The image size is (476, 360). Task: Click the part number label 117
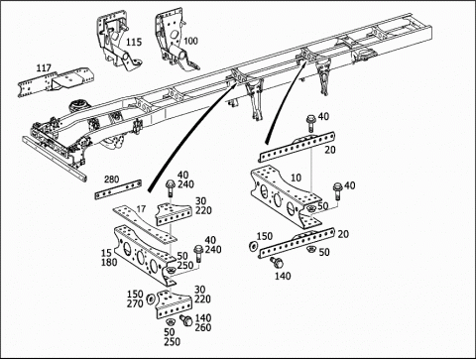click(44, 68)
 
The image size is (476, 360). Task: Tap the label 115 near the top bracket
click(134, 42)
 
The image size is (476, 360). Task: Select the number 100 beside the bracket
click(190, 41)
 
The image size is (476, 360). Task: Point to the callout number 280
click(111, 180)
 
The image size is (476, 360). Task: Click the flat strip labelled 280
click(118, 189)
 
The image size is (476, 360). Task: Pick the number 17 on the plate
click(141, 209)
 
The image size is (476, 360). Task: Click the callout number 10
click(296, 178)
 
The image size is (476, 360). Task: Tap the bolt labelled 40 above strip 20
click(310, 123)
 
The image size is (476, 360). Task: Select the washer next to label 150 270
click(151, 299)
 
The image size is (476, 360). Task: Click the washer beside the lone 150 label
click(254, 246)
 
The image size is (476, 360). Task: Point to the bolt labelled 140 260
click(186, 320)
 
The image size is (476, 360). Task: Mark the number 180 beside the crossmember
click(109, 262)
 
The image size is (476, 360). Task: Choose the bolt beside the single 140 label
click(277, 263)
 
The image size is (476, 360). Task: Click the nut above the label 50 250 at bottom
click(170, 321)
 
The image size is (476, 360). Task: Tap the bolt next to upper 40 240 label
click(170, 187)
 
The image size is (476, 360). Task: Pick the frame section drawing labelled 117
click(56, 82)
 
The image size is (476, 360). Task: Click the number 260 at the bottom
click(203, 327)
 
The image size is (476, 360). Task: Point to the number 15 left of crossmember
click(106, 253)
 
